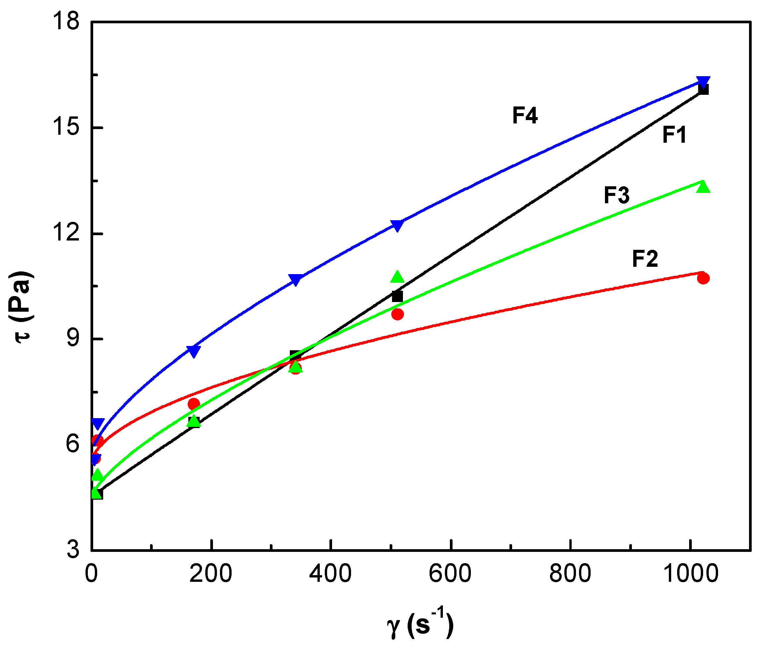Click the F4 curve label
(x=525, y=115)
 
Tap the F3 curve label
(x=617, y=195)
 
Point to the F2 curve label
(x=645, y=259)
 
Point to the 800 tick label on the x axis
(x=570, y=573)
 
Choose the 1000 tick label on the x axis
(x=690, y=573)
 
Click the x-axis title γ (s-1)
(x=420, y=625)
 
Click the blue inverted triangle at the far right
(x=703, y=82)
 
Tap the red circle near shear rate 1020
(x=703, y=278)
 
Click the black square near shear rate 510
(x=397, y=296)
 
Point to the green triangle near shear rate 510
(x=397, y=277)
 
